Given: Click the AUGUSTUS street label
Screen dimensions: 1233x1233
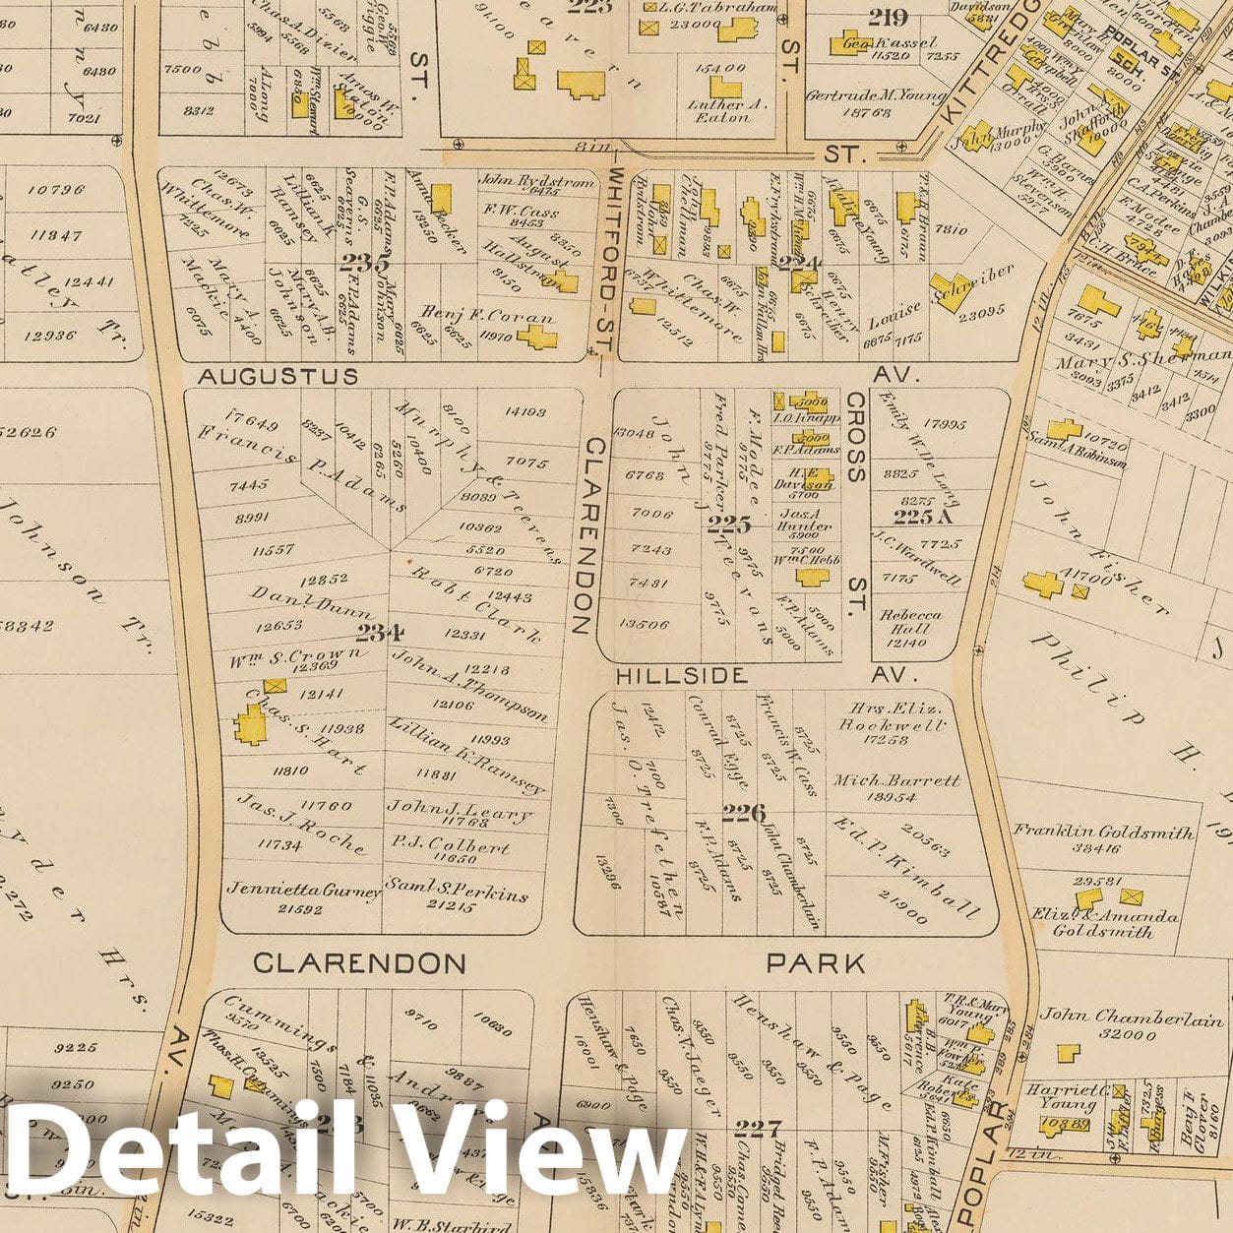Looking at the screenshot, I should tap(265, 376).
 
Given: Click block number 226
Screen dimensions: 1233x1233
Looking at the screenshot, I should tap(743, 812).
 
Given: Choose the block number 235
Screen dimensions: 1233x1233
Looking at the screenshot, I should tap(364, 263).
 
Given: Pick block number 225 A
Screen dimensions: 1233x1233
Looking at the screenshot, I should tap(924, 517).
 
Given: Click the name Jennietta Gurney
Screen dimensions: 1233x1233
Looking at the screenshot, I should tap(303, 889).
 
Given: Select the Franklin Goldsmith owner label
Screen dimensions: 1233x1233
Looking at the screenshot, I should tap(1103, 831).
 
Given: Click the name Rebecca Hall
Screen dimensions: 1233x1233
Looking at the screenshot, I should tap(911, 621).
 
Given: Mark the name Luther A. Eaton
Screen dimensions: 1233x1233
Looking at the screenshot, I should tap(722, 109).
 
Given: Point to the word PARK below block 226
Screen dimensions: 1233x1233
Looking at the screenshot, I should tap(816, 962).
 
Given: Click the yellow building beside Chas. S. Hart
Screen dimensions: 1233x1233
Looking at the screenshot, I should tap(250, 726).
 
